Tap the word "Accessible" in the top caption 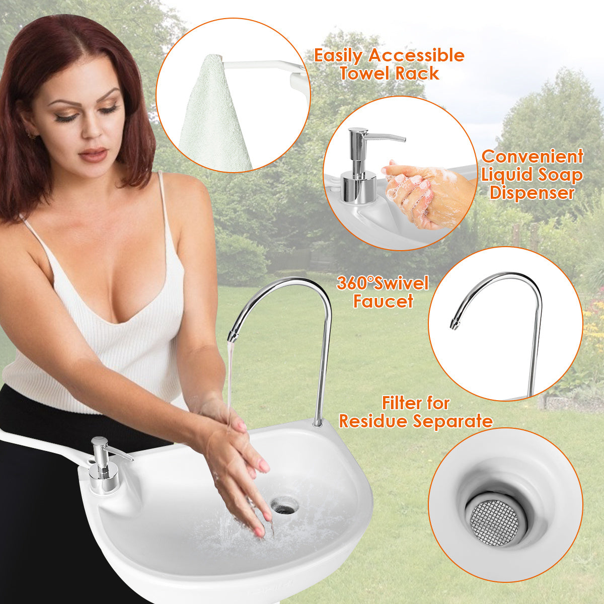(416, 56)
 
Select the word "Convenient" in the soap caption (532, 157)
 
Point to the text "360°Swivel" (383, 283)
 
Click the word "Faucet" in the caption (384, 301)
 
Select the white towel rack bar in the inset (260, 65)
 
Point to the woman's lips (93, 155)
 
